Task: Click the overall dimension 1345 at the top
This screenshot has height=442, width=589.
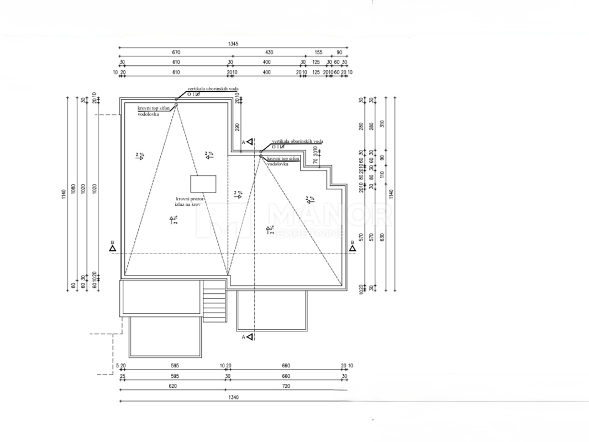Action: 234,44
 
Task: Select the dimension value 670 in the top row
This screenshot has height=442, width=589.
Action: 176,53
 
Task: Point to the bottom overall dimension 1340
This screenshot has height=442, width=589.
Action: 234,397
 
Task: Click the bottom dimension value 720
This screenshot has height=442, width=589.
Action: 285,386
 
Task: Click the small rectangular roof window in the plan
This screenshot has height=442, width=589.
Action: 203,183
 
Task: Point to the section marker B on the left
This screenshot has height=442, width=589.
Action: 112,248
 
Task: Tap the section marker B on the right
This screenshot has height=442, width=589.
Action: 351,248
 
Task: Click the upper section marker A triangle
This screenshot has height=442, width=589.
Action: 250,142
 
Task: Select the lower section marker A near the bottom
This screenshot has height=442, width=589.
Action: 250,336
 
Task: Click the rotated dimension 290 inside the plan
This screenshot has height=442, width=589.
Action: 237,127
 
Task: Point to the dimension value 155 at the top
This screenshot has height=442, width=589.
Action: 318,53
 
